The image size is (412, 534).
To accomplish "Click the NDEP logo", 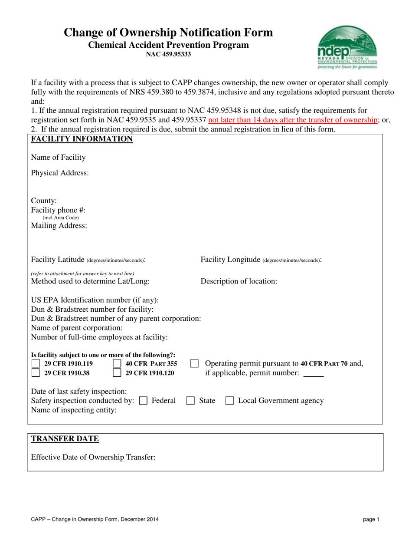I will (347, 47).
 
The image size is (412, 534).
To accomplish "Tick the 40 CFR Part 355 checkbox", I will (117, 363).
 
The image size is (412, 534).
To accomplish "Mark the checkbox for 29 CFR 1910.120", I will (117, 372).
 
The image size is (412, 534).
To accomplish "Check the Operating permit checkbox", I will (195, 363).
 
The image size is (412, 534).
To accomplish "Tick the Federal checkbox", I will (143, 401).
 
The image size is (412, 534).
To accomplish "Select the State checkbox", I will (190, 401).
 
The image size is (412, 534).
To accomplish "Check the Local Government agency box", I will (230, 401).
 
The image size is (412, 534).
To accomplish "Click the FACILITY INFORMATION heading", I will (82, 139).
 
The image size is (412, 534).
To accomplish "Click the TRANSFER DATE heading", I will (65, 439).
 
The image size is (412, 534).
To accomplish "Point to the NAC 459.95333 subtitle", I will (168, 54).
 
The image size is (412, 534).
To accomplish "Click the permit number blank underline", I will (314, 376).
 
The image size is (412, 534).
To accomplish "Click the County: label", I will (44, 201).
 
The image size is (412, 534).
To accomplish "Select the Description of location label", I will (239, 281).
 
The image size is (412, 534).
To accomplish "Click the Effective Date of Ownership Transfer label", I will (93, 457).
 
